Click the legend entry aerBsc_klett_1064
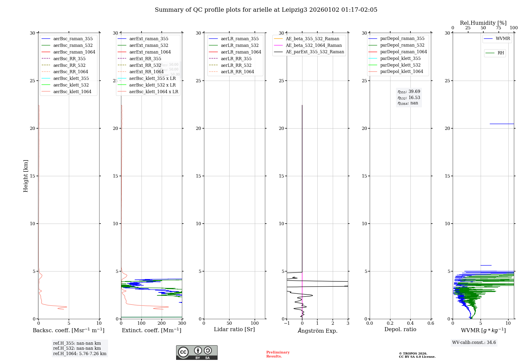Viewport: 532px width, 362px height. pos(72,92)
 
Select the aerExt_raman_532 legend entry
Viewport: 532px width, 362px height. pos(149,45)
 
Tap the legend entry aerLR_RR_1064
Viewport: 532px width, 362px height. pos(237,72)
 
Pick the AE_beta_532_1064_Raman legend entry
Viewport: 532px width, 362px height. pos(314,45)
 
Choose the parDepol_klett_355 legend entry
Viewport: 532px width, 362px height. pos(400,58)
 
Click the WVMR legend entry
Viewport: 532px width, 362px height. pos(503,39)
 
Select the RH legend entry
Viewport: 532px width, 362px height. pos(501,53)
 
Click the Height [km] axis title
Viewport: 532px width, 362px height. pos(26,176)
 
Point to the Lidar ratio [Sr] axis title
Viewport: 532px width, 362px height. pos(234,329)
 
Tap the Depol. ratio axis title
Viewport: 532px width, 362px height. pos(400,329)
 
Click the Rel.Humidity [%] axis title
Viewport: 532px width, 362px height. pos(483,23)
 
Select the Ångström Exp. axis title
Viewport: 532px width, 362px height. pos(317,331)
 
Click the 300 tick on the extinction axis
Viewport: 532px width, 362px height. pos(182,323)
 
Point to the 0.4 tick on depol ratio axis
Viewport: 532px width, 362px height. pos(410,323)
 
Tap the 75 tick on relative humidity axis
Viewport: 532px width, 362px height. pos(498,28)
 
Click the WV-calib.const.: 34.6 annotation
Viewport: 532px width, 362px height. pos(474,342)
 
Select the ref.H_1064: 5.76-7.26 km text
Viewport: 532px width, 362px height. pos(80,353)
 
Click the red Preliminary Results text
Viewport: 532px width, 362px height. pos(278,354)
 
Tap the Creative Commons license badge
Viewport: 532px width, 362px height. pos(197,352)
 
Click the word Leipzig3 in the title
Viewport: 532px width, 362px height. pos(294,10)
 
